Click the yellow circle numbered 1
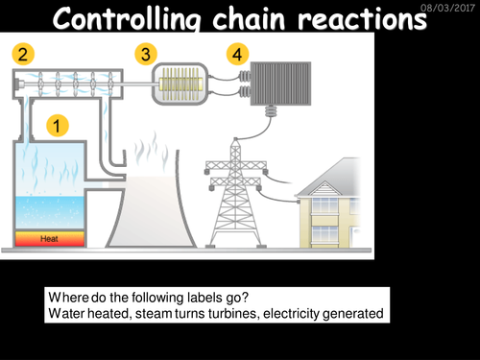(60, 125)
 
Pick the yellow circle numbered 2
(21, 53)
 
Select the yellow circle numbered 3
(147, 54)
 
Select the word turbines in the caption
(213, 312)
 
